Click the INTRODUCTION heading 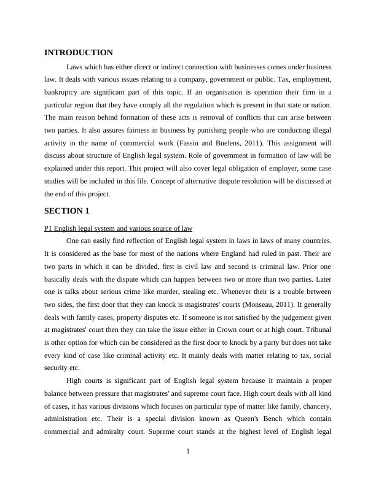coord(79,53)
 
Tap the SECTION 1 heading coord(67,210)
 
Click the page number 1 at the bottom coord(188,452)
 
